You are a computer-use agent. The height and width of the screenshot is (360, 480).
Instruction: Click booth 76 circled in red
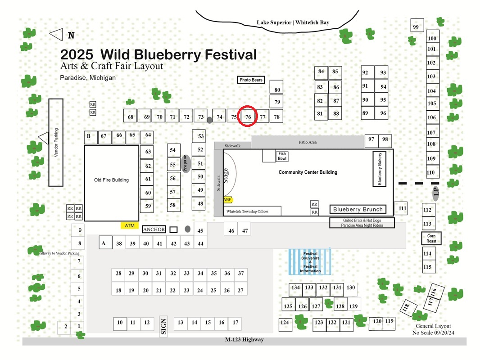click(248, 116)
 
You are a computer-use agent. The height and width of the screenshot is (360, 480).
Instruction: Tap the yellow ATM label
click(130, 225)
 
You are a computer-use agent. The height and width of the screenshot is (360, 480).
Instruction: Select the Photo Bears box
click(251, 80)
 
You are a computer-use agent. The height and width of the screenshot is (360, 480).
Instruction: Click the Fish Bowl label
click(282, 156)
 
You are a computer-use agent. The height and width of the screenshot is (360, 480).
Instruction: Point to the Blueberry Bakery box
click(379, 169)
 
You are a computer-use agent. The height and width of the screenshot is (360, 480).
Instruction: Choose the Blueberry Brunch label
click(358, 209)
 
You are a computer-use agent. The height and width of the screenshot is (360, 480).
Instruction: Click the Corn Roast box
click(431, 238)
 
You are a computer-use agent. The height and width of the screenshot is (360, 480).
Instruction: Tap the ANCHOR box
click(154, 229)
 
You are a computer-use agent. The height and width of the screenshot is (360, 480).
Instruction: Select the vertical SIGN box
click(163, 326)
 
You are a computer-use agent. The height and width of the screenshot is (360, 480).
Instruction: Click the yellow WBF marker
click(227, 200)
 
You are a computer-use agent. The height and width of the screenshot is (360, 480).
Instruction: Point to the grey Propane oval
click(186, 164)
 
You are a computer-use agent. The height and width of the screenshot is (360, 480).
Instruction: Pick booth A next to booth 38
click(105, 243)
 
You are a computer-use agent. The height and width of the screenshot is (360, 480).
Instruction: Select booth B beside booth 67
click(91, 137)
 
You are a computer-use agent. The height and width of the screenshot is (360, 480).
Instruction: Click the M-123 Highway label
click(245, 339)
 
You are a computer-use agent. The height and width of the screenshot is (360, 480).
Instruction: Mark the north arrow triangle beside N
click(56, 34)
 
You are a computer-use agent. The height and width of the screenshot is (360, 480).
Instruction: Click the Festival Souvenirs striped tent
click(310, 262)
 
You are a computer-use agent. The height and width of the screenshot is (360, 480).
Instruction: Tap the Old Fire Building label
click(111, 180)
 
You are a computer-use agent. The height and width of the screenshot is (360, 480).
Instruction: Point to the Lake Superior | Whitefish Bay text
click(293, 22)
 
